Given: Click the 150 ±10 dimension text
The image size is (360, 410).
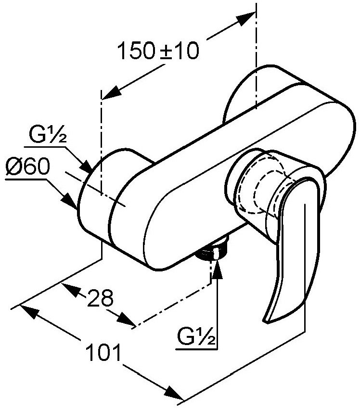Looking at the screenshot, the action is coord(158,51).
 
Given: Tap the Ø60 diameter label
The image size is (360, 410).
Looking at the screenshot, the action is coord(27,167).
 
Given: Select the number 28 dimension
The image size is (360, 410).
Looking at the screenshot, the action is coord(101,298).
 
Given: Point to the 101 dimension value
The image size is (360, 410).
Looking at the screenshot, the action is coord(104,352).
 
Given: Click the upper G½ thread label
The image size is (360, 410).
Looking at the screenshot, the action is coord(47,134).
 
